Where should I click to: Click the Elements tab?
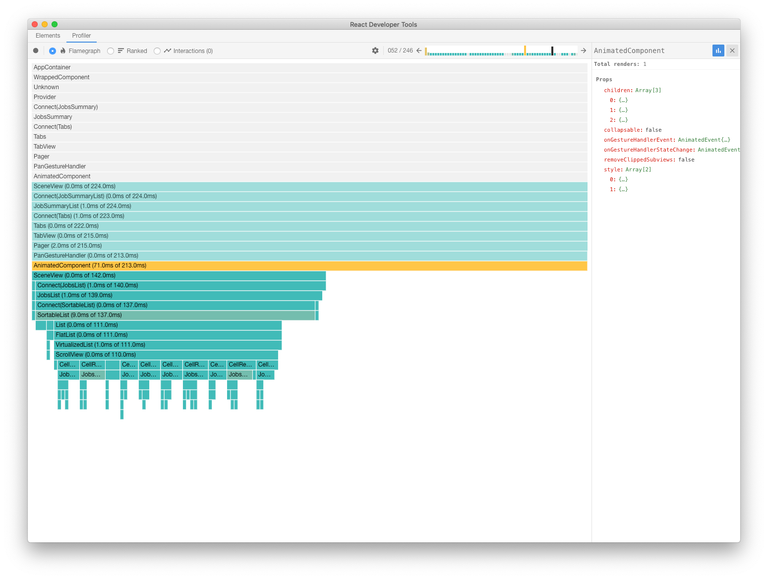[x=48, y=36]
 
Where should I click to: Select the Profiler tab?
[x=81, y=36]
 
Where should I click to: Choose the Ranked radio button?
[x=111, y=51]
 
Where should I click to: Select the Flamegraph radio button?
[x=53, y=51]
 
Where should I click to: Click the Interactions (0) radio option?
[x=157, y=51]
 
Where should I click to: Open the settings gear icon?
[x=375, y=51]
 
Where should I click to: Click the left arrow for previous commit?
[x=419, y=51]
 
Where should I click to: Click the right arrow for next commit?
[x=584, y=51]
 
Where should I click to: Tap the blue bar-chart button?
[x=718, y=51]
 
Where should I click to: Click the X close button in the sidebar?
[x=732, y=51]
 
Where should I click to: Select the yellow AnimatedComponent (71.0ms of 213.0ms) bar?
[x=309, y=265]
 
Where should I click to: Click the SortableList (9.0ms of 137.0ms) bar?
[x=175, y=315]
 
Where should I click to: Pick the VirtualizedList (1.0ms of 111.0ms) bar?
[x=168, y=345]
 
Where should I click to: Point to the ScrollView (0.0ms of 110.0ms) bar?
[x=166, y=355]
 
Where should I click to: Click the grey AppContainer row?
[x=309, y=67]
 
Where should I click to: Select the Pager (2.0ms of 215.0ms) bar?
[x=309, y=246]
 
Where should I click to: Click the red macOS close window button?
[x=35, y=24]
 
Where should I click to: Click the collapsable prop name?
[x=622, y=130]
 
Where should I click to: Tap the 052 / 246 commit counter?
[x=400, y=51]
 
